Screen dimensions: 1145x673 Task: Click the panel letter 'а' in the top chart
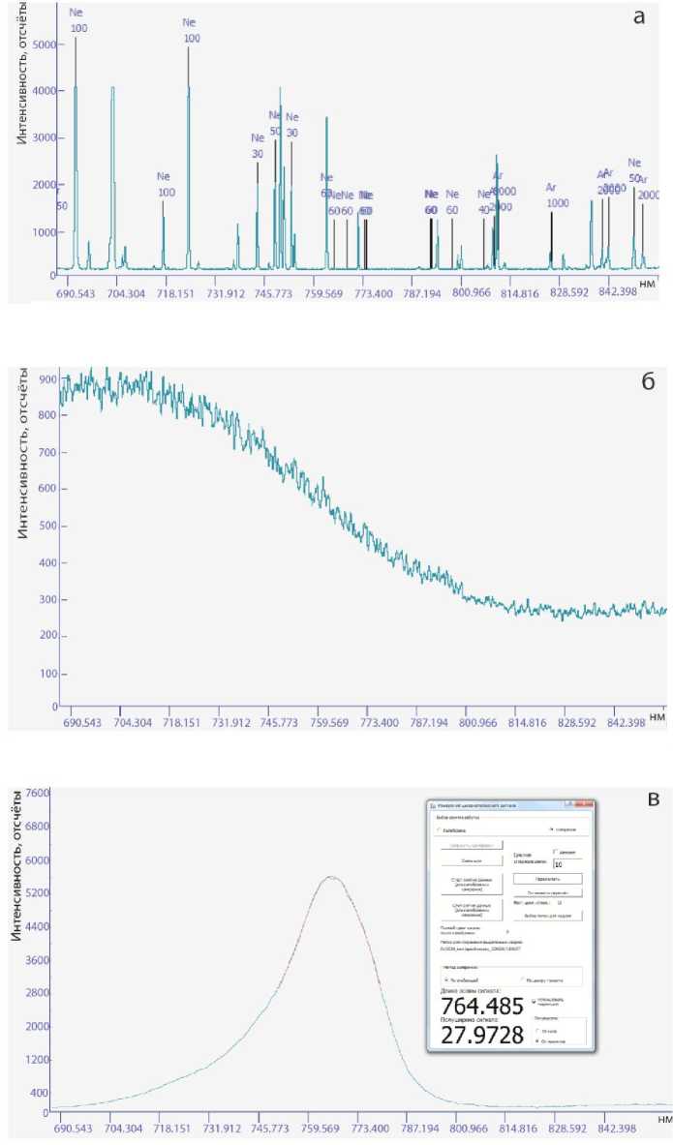tap(639, 17)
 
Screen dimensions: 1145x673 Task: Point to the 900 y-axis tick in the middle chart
tap(44, 378)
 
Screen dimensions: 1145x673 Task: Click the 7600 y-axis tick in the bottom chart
tap(36, 793)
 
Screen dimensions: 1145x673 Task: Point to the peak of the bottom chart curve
tap(331, 877)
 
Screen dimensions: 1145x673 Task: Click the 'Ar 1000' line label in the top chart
tap(557, 196)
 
